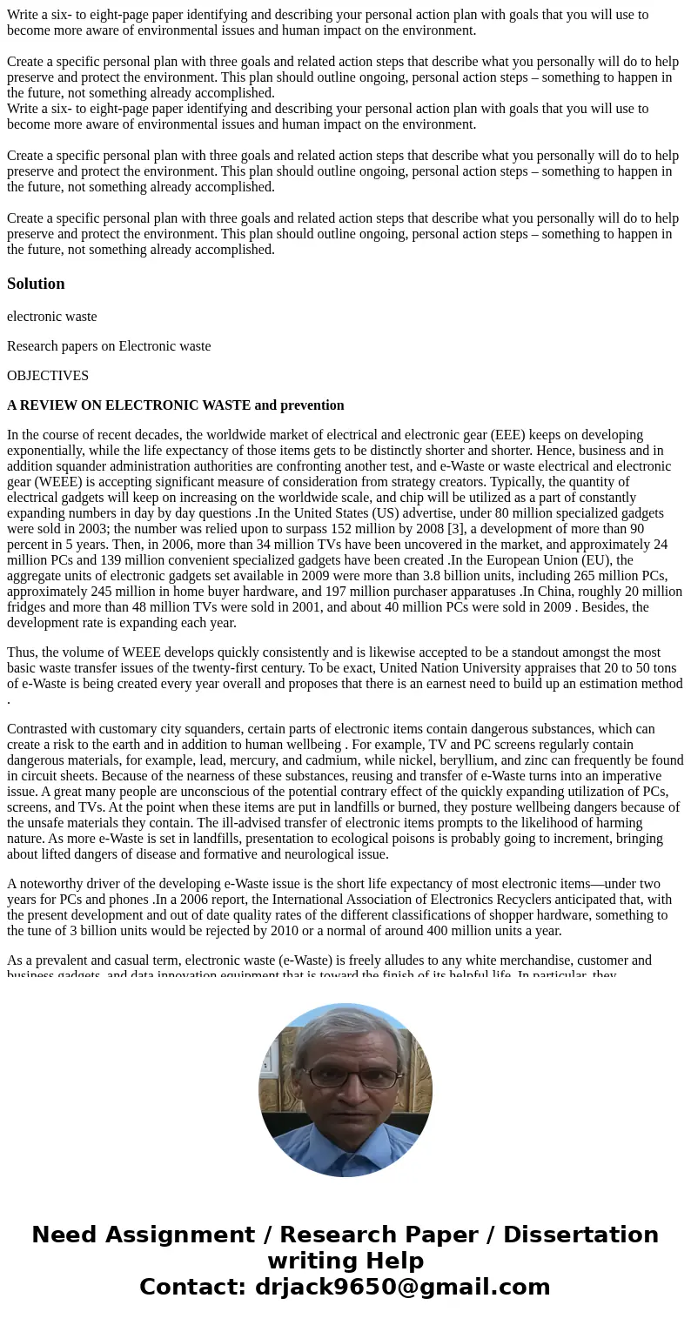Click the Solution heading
(x=36, y=284)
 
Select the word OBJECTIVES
(x=48, y=376)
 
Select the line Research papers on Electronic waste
(x=109, y=346)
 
